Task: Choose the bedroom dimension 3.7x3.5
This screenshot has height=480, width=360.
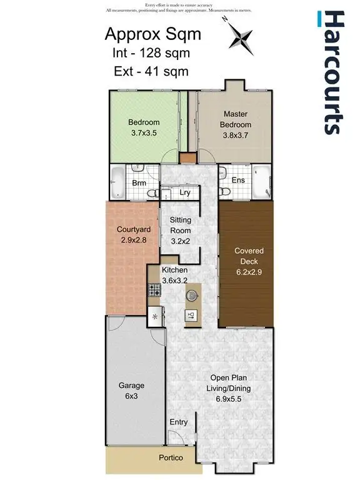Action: click(x=144, y=133)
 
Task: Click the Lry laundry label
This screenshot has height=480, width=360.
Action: click(x=184, y=193)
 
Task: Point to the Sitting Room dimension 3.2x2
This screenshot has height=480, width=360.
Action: click(x=181, y=241)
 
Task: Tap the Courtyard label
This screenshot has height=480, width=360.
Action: click(x=133, y=229)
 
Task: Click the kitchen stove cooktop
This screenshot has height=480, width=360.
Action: click(x=154, y=289)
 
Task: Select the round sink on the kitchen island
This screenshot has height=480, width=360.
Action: click(x=191, y=293)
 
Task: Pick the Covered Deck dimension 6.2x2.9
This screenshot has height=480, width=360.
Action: click(x=249, y=272)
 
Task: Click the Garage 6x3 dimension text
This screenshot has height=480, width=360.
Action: click(x=131, y=397)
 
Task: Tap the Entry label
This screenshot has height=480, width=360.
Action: click(x=179, y=422)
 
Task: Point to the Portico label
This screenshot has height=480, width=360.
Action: click(x=170, y=458)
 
